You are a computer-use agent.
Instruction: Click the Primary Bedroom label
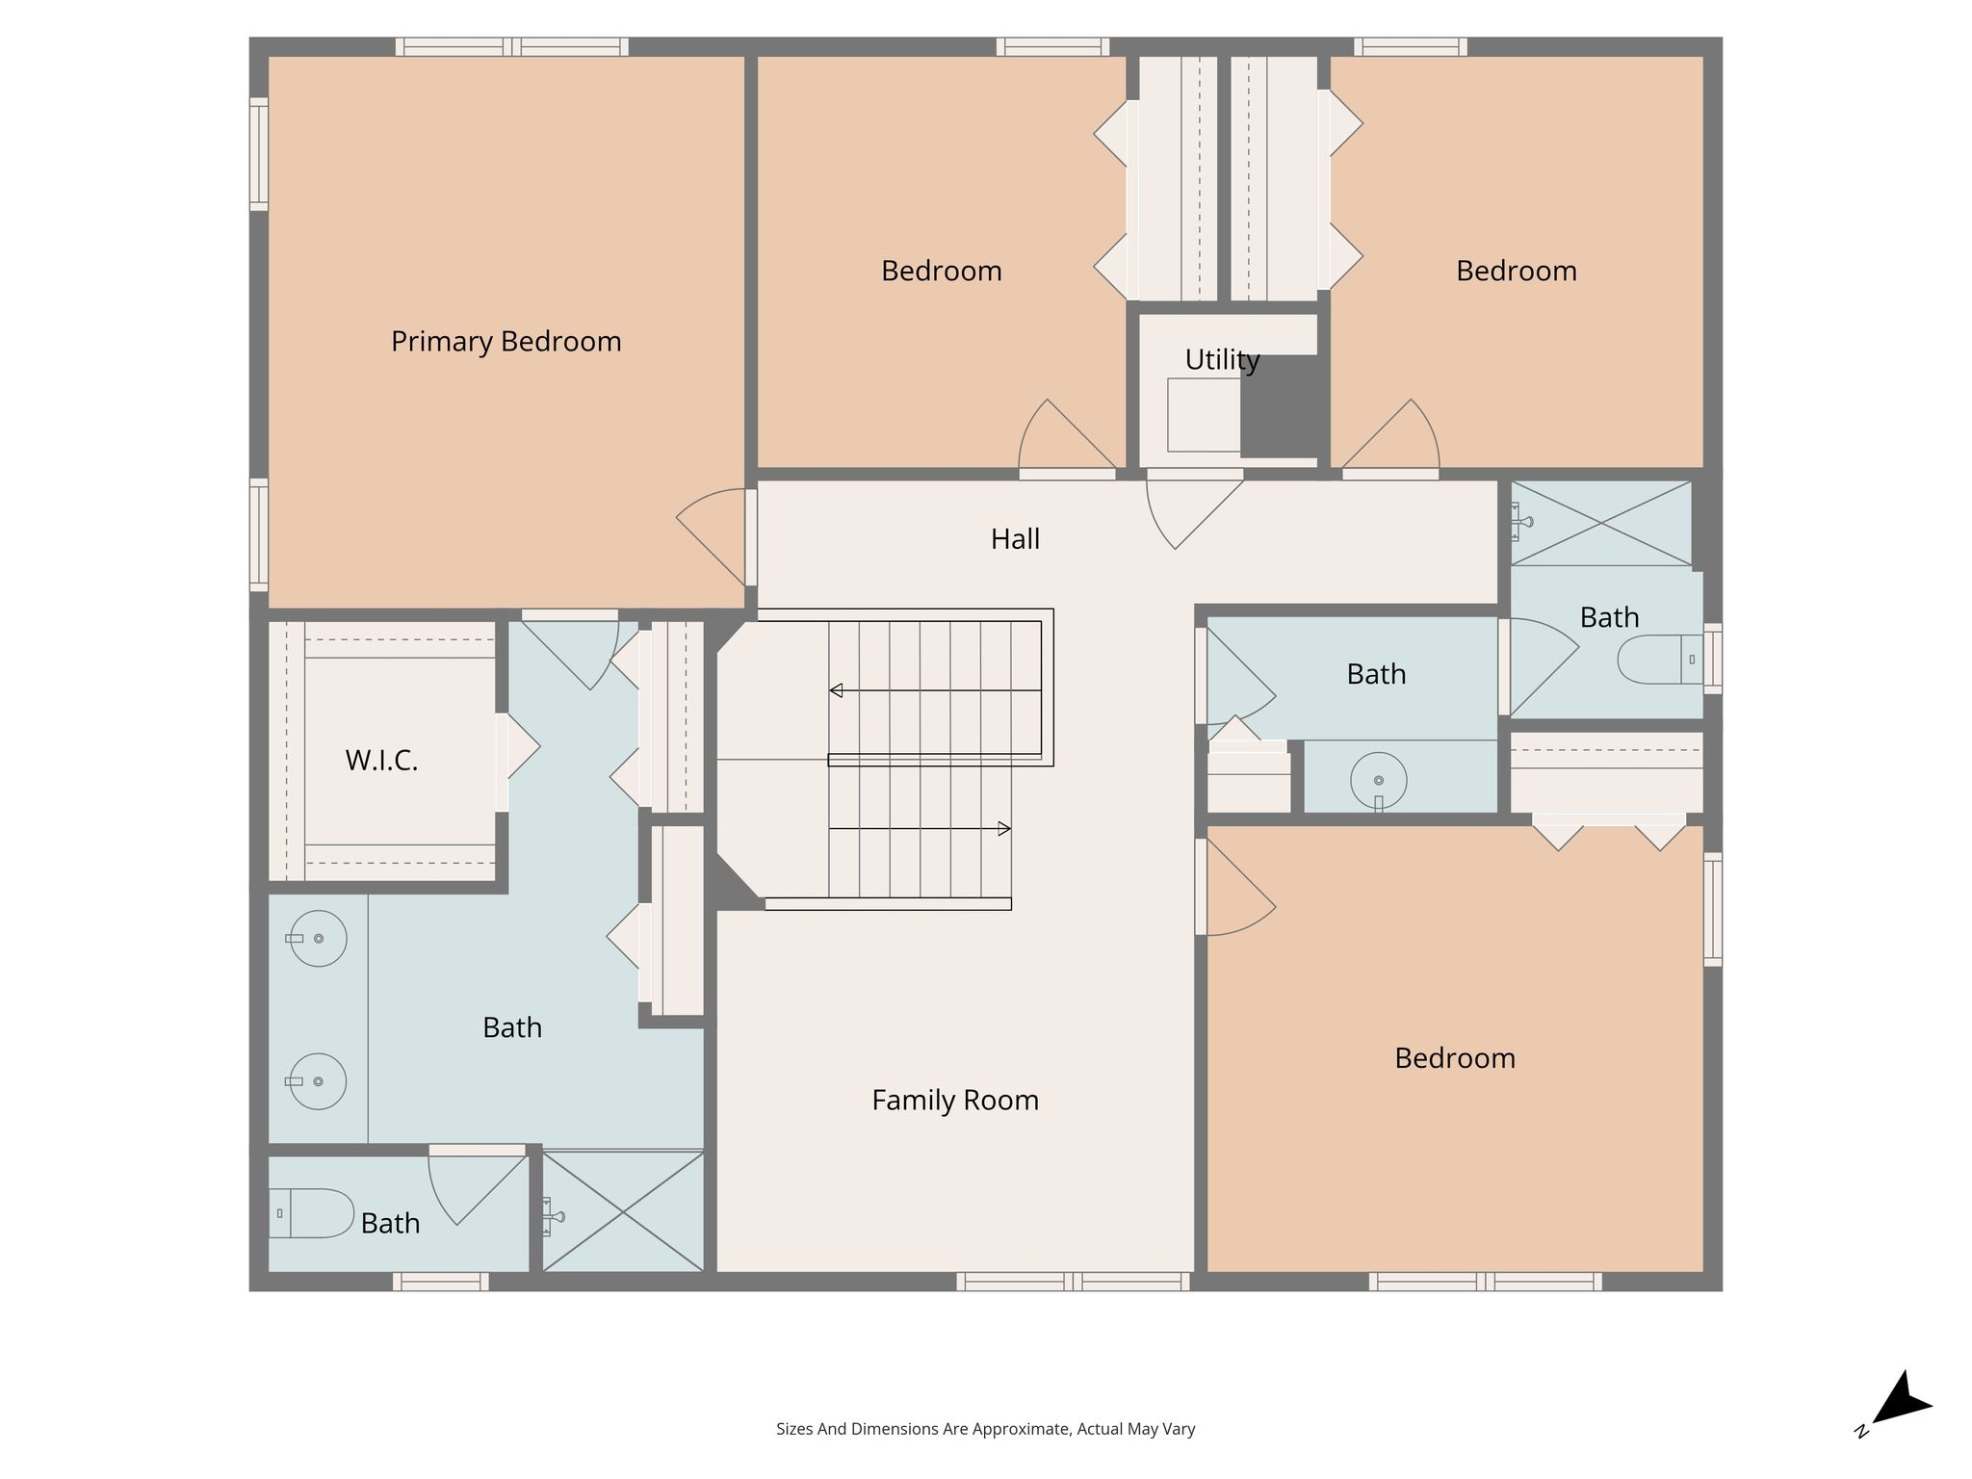[x=506, y=342]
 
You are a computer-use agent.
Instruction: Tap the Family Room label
[x=955, y=1101]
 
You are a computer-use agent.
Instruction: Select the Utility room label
[x=1222, y=360]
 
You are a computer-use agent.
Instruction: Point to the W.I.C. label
[x=381, y=761]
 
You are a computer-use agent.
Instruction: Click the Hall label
[x=1015, y=539]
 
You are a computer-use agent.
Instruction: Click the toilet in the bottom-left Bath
[x=312, y=1213]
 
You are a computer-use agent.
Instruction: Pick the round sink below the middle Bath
[x=1378, y=781]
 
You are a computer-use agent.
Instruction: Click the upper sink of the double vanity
[x=317, y=938]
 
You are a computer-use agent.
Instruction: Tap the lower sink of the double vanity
[x=317, y=1081]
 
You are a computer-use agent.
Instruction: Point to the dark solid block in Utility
[x=1278, y=406]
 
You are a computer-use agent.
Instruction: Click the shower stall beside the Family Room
[x=623, y=1211]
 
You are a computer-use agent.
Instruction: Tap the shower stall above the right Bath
[x=1600, y=523]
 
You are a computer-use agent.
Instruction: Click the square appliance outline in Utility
[x=1204, y=415]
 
